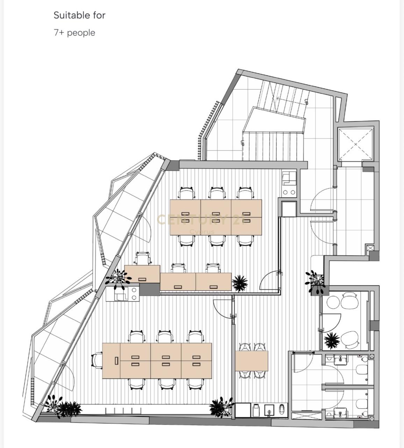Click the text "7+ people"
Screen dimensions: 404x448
[74, 33]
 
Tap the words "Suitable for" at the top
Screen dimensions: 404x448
[79, 15]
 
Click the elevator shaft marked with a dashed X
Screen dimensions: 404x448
[356, 144]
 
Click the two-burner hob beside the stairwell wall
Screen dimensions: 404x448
[289, 192]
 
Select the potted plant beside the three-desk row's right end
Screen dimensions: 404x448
[240, 283]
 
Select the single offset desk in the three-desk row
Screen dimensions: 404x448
[142, 274]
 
